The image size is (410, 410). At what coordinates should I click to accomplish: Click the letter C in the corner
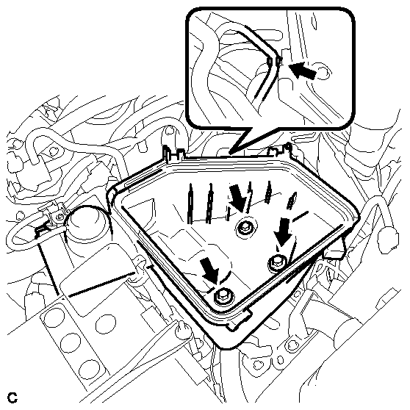click(12, 398)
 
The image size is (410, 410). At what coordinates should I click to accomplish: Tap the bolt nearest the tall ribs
click(245, 228)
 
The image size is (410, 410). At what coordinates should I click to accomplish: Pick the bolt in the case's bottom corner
click(224, 296)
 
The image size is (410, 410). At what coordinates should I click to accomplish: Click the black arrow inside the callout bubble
click(303, 70)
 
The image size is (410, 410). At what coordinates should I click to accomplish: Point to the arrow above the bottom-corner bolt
click(210, 270)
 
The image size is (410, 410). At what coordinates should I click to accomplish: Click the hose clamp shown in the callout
click(274, 62)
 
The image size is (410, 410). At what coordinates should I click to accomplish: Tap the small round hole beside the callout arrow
click(323, 71)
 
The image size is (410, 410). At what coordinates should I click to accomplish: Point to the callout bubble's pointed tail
click(230, 152)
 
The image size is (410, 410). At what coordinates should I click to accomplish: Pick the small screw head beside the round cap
click(60, 216)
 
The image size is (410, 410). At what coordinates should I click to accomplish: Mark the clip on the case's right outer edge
click(335, 251)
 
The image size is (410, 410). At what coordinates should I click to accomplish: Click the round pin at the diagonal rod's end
click(181, 329)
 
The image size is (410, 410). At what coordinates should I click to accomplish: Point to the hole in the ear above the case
click(170, 130)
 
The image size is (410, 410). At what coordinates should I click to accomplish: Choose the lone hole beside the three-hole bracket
click(106, 324)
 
